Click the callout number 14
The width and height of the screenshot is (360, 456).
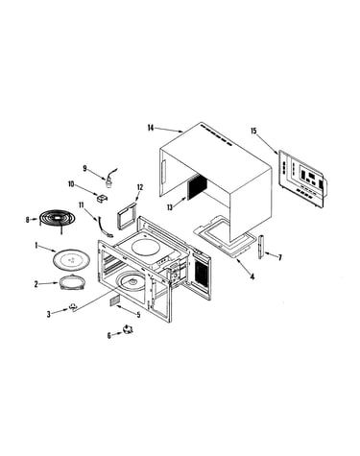[151, 128]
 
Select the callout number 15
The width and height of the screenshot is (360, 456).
[253, 131]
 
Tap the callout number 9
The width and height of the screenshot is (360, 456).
[84, 168]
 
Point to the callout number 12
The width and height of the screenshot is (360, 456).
[140, 187]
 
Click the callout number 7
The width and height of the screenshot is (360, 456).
[280, 257]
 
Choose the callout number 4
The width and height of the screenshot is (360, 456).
[252, 276]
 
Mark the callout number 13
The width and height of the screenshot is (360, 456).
[170, 207]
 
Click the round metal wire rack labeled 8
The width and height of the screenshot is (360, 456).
[57, 219]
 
